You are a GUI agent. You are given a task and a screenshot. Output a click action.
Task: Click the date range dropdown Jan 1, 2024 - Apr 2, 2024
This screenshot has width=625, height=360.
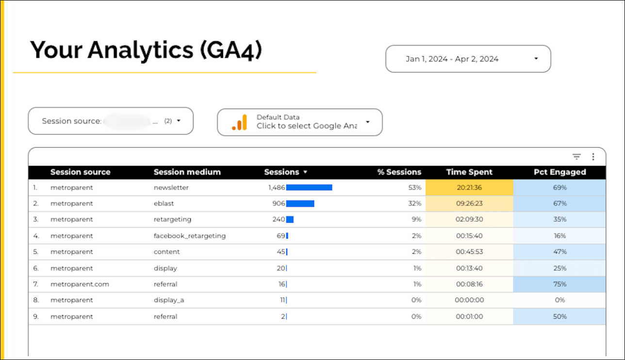tap(468, 59)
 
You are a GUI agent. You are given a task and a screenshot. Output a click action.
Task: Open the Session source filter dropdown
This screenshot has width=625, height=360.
tap(111, 121)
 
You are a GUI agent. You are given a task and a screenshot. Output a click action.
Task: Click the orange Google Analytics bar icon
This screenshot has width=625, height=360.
tap(240, 122)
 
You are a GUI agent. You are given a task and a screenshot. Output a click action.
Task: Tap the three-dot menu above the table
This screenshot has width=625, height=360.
tap(593, 157)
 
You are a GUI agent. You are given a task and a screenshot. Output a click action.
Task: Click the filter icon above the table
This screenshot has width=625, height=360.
tap(576, 157)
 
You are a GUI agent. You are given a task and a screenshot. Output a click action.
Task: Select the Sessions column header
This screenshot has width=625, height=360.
tap(282, 172)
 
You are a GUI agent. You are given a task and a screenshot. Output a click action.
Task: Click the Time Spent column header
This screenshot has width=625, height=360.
tap(469, 172)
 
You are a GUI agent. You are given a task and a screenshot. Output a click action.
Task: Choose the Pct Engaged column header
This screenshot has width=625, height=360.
tap(559, 172)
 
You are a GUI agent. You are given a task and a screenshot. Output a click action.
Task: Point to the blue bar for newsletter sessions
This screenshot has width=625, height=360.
tap(309, 187)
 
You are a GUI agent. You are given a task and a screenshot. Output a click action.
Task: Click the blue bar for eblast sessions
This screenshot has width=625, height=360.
tap(300, 204)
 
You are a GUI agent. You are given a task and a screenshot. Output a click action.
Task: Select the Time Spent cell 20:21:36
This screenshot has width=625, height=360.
tap(469, 187)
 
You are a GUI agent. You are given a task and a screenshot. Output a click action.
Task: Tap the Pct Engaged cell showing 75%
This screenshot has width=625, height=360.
tap(559, 284)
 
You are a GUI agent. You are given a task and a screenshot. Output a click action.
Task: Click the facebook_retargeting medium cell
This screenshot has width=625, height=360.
tap(190, 236)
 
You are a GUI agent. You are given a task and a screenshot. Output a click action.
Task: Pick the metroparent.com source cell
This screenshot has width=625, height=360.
tap(80, 284)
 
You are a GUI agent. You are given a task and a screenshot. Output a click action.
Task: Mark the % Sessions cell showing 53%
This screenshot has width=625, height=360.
tap(415, 187)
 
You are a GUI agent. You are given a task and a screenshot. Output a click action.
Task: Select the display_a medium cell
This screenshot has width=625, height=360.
tap(169, 300)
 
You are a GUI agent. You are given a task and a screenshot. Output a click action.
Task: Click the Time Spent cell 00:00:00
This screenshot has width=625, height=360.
tap(469, 300)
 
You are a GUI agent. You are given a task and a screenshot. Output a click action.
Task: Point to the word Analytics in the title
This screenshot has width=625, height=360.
tap(141, 50)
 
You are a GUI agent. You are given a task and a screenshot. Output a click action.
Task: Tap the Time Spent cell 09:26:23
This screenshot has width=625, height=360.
tap(469, 204)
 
